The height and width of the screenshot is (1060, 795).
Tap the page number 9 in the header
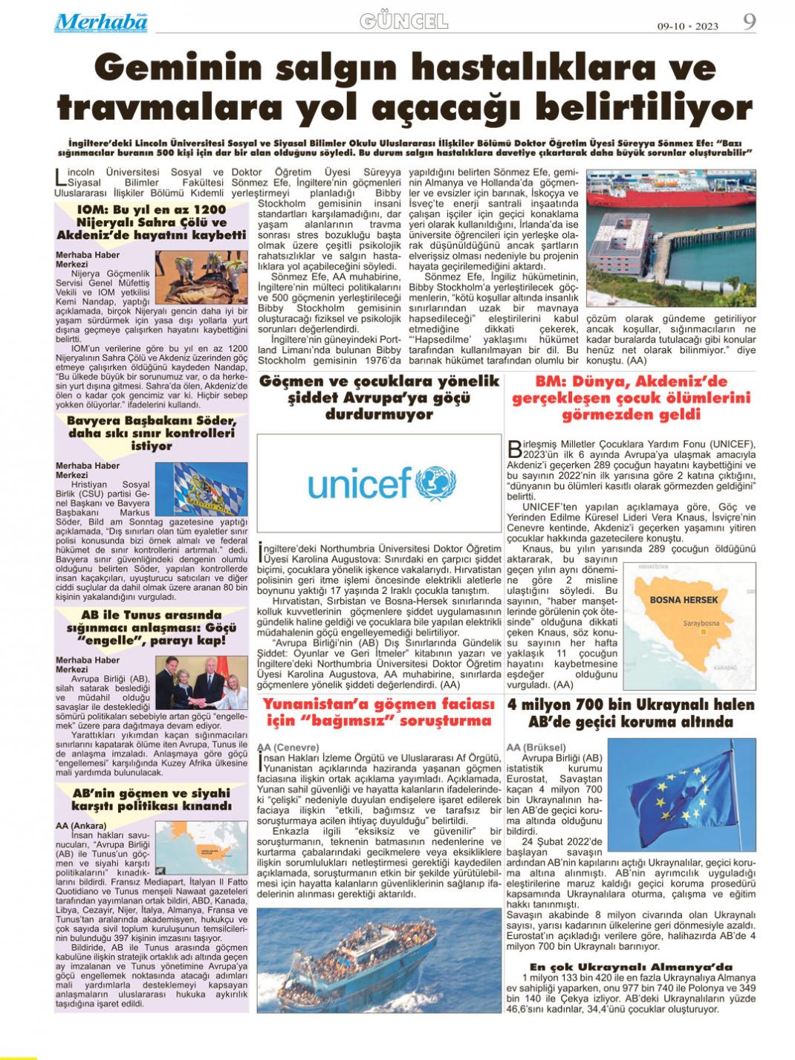coord(749,22)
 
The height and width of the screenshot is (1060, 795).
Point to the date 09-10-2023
coord(687,27)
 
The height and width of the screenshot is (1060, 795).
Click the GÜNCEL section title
coord(404,22)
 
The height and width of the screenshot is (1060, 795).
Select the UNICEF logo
coord(379,484)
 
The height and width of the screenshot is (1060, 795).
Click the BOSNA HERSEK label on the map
coord(684,599)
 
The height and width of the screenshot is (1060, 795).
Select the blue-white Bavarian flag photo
coord(211,491)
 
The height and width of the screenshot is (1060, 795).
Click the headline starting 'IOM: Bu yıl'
coord(152,222)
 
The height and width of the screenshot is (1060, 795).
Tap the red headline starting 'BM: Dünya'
coord(631,398)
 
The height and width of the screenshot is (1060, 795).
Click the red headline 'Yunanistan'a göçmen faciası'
coord(378,711)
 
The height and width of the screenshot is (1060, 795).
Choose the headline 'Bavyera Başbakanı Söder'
coord(152,433)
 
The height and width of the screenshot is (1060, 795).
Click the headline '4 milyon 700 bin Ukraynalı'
coord(631,712)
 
